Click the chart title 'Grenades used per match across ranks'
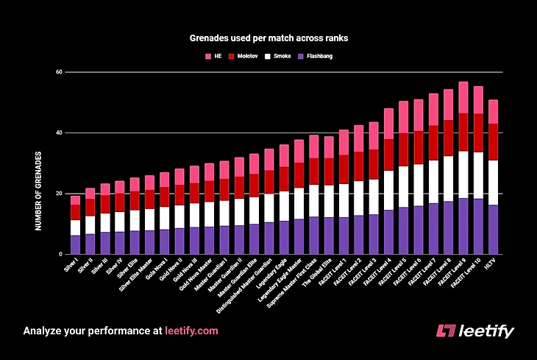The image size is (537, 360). point(268,35)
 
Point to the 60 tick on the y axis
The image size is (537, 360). point(60,72)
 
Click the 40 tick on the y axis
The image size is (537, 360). point(60,133)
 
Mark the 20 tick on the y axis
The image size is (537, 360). point(60,194)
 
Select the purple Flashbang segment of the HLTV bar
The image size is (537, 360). point(494,229)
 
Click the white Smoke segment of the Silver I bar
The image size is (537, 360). point(75,227)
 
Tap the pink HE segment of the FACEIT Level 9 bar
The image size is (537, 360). point(463,97)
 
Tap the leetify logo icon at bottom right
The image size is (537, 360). point(445,331)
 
